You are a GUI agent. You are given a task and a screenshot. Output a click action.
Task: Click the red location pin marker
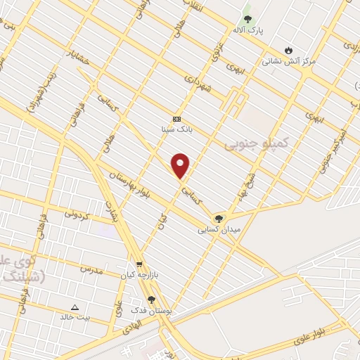[x=181, y=165]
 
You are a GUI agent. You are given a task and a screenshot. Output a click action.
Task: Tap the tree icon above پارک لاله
[x=247, y=19]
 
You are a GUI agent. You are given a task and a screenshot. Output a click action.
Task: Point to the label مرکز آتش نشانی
[x=289, y=61]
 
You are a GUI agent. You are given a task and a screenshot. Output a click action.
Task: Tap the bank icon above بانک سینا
[x=176, y=119]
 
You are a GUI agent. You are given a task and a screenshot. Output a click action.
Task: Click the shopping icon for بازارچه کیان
[x=139, y=264]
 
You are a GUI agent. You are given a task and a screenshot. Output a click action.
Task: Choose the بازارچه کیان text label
[x=136, y=275]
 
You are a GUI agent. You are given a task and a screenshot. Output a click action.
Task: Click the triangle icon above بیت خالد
[x=75, y=307]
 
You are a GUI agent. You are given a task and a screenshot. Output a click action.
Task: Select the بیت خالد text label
[x=75, y=318]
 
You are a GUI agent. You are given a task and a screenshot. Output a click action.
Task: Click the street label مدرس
[x=91, y=269]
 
